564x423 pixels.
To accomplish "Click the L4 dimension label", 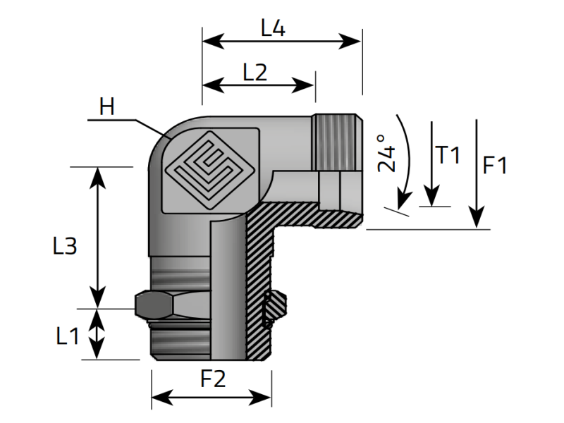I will (x=273, y=29).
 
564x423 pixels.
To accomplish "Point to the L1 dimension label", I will (x=67, y=337).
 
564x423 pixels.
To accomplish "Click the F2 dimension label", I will (x=212, y=379).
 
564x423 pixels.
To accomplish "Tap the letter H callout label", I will (x=107, y=107).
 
